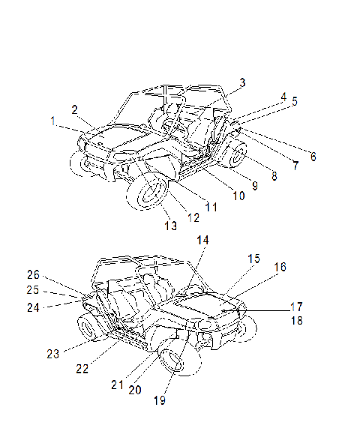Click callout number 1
pos(52,121)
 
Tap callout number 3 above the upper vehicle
pos(242,82)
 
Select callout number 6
pos(313,157)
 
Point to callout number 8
pos(274,176)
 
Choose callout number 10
pos(238,196)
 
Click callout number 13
pos(171,226)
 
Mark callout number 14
pos(202,240)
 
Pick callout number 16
pos(280,267)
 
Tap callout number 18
pos(297,321)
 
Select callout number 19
pos(160,400)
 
